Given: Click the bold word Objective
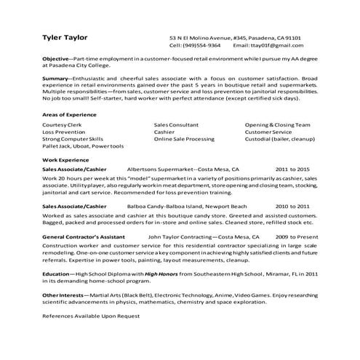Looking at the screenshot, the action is pos(56,57).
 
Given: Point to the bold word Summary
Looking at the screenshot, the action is pos(56,76).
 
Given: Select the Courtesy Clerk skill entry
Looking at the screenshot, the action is pos(63,124).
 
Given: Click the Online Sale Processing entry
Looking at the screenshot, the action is pos(184,138).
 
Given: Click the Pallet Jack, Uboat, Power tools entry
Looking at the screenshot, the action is pos(83,145).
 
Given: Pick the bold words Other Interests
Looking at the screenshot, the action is pos(63,295).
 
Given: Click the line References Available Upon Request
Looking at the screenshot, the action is pos(91,316).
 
